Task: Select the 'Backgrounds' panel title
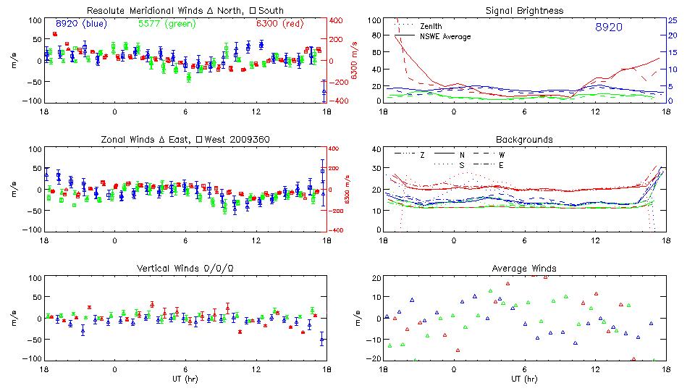pos(524,139)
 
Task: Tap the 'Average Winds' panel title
pos(526,269)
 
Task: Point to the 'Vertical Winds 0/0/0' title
pos(185,269)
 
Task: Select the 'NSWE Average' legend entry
pos(445,36)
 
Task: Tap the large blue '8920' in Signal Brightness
pos(608,28)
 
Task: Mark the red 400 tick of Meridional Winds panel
pos(338,20)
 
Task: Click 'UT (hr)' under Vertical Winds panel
pos(185,378)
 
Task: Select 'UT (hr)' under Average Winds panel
pos(526,378)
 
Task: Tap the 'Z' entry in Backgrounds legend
pos(422,155)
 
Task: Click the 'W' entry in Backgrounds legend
pos(501,155)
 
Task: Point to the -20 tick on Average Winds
pos(374,358)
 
